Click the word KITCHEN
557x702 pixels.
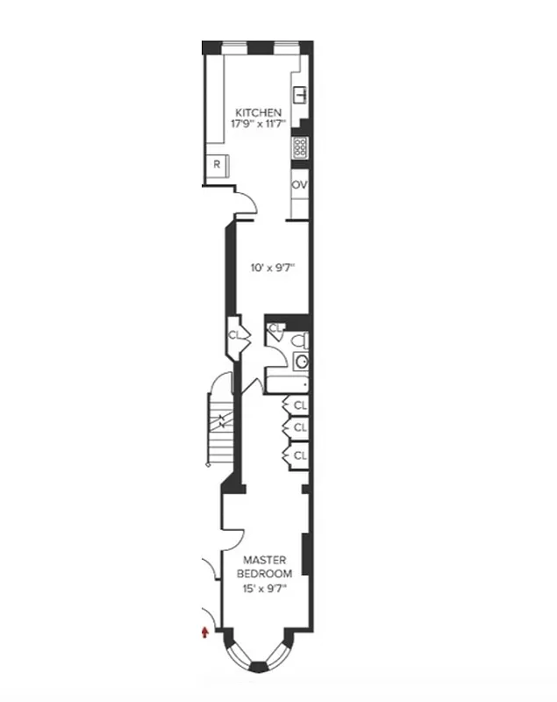click(x=258, y=113)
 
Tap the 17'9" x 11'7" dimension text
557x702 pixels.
click(x=258, y=125)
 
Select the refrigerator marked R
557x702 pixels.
click(x=216, y=165)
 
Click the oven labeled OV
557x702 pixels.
click(x=300, y=185)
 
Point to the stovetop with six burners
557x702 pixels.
click(x=300, y=147)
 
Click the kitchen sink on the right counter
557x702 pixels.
click(x=300, y=94)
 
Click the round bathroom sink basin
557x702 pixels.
click(x=301, y=361)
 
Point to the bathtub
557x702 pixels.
click(x=288, y=383)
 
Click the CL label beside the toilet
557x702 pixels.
click(x=275, y=329)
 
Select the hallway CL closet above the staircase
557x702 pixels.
click(x=235, y=334)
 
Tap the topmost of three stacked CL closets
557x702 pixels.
click(x=299, y=405)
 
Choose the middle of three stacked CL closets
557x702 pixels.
click(x=299, y=427)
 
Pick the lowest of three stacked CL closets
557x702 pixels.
click(x=299, y=455)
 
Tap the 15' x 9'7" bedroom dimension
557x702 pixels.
click(x=264, y=588)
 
